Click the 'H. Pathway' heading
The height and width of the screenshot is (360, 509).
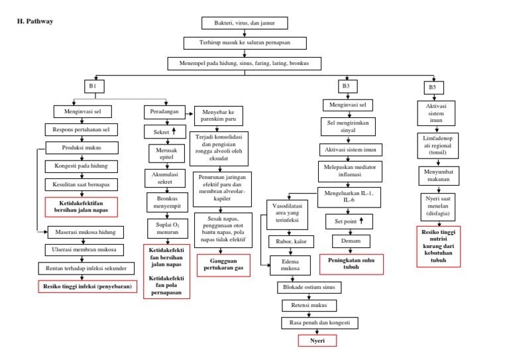point(34,21)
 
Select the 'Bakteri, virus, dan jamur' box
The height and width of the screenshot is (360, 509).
point(245,23)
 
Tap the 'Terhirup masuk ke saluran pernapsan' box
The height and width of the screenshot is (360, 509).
point(245,43)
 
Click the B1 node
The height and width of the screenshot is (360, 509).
point(93,86)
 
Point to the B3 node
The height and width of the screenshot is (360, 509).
point(345,86)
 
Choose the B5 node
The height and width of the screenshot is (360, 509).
point(432,87)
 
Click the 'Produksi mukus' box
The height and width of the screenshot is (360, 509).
point(82,148)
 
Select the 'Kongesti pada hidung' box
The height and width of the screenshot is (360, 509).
point(82,166)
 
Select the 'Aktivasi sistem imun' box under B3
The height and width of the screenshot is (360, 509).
point(351,149)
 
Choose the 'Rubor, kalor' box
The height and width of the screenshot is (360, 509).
point(286,241)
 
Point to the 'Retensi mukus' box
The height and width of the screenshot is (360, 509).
point(309,306)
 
